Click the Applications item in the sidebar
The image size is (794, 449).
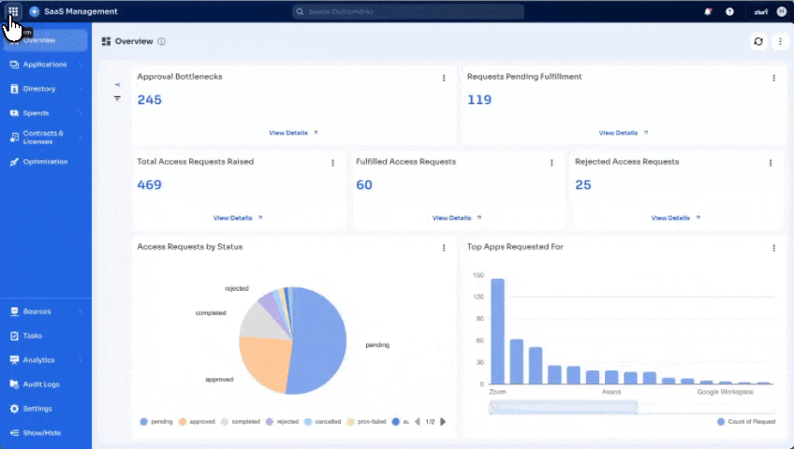45,65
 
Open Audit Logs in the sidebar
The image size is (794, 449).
41,384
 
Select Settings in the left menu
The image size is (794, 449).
37,409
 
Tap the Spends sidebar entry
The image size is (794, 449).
36,113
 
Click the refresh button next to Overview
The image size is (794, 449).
758,42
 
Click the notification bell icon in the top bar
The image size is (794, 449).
708,11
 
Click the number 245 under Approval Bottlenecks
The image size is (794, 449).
150,100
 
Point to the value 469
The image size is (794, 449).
150,185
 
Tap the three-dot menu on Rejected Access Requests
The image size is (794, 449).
771,163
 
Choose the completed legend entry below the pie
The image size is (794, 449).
242,422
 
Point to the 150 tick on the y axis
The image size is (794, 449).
478,276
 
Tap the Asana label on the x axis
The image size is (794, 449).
611,392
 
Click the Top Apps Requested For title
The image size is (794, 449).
515,247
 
